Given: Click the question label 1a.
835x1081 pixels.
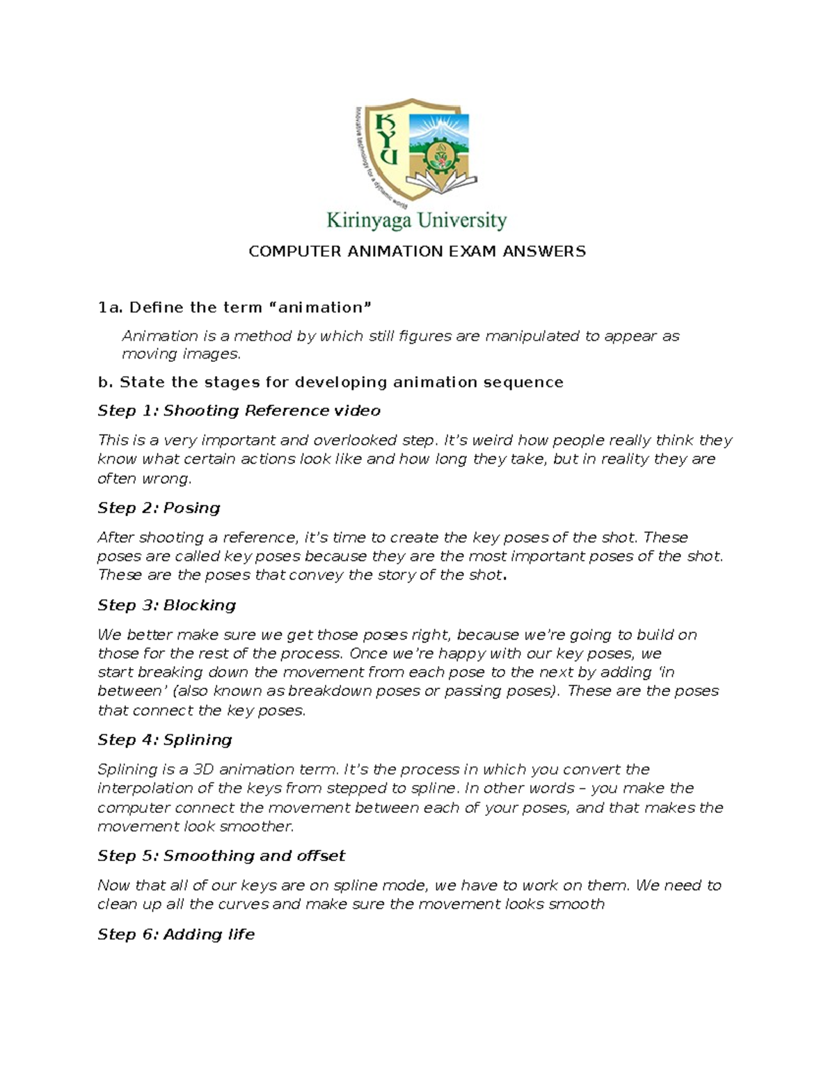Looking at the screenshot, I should [x=110, y=308].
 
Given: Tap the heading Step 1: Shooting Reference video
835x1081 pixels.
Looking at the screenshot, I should [x=239, y=411].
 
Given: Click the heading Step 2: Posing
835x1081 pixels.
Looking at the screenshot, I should [x=159, y=508].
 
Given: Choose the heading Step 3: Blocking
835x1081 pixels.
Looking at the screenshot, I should [x=166, y=605].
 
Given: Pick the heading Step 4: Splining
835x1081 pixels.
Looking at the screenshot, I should [x=164, y=739].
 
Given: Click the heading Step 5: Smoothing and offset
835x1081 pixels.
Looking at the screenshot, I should [x=221, y=855].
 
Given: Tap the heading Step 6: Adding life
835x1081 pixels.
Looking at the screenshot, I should [x=176, y=934].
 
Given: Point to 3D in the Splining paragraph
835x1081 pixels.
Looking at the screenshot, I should [x=203, y=769].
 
